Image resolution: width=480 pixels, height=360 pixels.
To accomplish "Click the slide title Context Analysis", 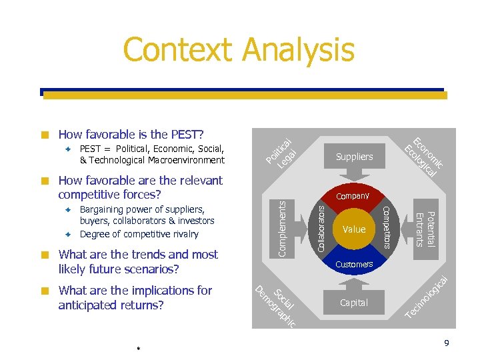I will click(239, 51).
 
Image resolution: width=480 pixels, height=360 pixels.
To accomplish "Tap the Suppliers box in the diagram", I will click(354, 157).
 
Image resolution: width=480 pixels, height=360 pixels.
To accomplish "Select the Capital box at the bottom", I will click(354, 303).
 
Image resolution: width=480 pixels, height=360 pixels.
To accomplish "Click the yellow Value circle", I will click(354, 229).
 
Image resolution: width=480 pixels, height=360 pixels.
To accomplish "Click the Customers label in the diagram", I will click(354, 265).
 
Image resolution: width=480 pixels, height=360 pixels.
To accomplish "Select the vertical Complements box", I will click(282, 229).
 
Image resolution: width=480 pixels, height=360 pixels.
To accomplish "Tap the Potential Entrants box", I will click(425, 229).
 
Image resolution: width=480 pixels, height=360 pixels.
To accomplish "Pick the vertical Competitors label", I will click(387, 229).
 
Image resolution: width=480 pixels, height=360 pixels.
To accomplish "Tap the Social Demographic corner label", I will click(276, 304).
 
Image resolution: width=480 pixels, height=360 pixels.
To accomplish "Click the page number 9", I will click(447, 343).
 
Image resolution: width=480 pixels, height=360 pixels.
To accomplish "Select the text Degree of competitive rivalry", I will click(139, 234).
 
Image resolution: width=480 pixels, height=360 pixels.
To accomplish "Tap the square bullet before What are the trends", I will click(44, 255).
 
